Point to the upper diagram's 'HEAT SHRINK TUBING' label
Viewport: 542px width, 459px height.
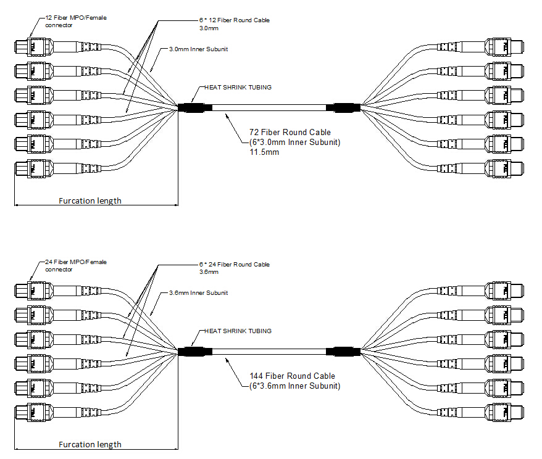tap(238, 88)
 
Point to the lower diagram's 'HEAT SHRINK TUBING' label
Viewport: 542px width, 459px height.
tap(238, 331)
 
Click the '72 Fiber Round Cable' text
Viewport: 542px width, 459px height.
tap(290, 132)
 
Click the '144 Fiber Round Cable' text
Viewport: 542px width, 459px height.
tap(292, 376)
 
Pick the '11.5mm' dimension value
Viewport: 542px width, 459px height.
tap(264, 152)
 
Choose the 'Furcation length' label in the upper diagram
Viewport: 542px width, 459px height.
tap(90, 201)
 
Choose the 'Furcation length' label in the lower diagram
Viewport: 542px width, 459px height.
tap(90, 444)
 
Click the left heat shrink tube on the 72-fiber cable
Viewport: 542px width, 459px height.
tap(195, 108)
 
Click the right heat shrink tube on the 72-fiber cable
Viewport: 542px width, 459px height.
tap(343, 108)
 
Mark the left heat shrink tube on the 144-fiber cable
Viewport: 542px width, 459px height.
tap(195, 352)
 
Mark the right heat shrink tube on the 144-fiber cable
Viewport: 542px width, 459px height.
tap(343, 352)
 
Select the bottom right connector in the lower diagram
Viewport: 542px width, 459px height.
tap(505, 412)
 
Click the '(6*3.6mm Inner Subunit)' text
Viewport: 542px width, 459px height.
tap(294, 386)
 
